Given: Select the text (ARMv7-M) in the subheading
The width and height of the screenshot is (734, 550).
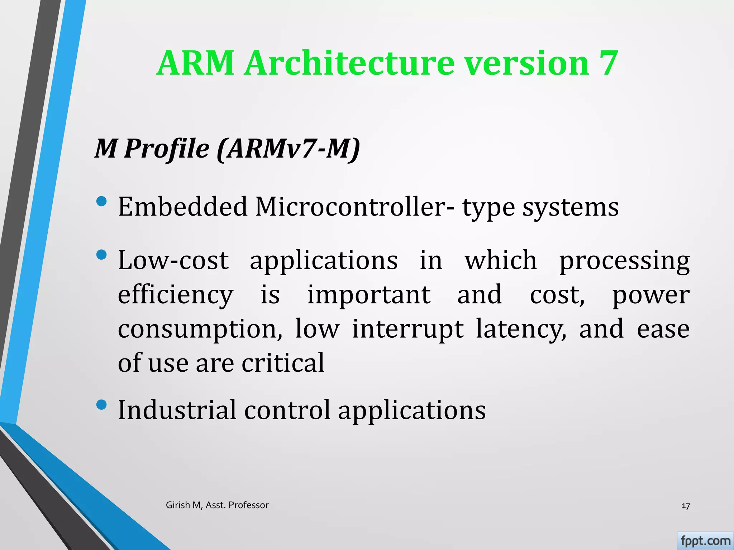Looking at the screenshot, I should [x=288, y=148].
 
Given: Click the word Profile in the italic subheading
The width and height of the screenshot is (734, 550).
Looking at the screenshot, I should [x=166, y=148].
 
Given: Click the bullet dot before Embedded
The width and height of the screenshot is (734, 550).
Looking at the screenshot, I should [x=102, y=201].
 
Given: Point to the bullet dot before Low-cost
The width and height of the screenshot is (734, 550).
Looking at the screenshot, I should [x=102, y=255].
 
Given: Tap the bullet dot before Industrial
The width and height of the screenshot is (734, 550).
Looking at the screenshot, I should [x=102, y=405].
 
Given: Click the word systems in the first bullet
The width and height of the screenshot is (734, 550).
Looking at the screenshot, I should [x=570, y=208].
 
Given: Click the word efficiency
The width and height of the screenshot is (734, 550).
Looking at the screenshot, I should [x=176, y=295].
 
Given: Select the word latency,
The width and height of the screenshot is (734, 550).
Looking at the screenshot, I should [x=521, y=329].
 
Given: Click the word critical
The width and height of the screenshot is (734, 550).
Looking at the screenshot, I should [x=283, y=362].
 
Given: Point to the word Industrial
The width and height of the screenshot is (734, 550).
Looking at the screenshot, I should [x=177, y=410].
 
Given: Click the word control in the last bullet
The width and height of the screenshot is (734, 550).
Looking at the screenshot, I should [x=287, y=410].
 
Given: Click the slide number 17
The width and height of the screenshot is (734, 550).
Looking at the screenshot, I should [x=685, y=506].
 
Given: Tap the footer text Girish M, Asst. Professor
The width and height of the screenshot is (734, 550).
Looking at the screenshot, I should [x=217, y=505].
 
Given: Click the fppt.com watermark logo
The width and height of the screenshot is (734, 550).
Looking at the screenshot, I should [x=705, y=541].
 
